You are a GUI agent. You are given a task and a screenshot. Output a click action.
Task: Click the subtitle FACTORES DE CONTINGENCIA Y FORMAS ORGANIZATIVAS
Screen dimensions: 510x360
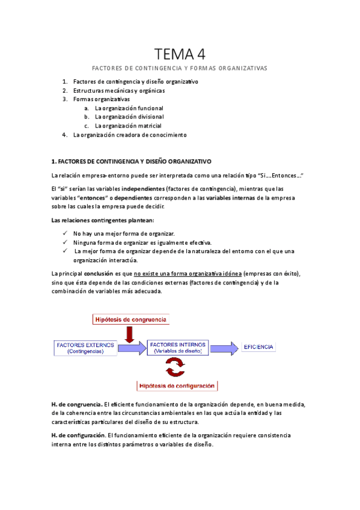180,69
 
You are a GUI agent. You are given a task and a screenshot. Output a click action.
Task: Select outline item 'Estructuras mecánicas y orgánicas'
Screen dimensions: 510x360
119,91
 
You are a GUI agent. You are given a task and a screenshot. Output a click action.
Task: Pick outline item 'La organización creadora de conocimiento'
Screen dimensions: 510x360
130,135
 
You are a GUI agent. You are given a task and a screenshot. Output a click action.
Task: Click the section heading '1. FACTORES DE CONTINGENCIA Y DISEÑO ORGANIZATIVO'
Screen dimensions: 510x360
132,162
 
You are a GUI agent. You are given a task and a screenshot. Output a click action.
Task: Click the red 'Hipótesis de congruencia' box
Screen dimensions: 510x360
131,319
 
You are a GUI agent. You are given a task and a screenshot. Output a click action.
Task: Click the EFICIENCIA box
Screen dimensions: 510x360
258,347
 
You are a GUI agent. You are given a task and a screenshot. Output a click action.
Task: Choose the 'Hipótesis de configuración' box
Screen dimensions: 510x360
178,386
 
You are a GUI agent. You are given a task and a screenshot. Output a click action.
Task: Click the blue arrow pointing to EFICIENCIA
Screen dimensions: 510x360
224,347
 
